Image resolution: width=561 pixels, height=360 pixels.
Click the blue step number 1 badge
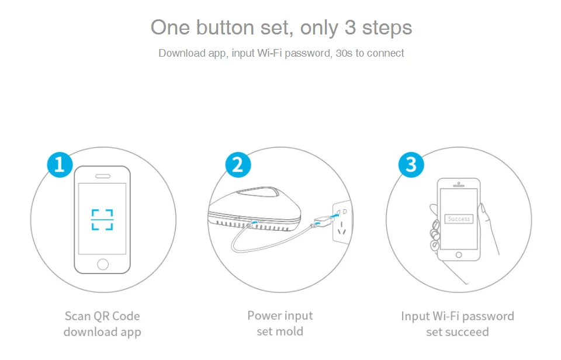(60, 165)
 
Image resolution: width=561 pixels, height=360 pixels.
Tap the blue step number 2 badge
(238, 165)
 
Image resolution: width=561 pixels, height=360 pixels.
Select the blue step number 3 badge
(411, 165)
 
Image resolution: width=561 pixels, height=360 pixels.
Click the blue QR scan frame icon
(102, 219)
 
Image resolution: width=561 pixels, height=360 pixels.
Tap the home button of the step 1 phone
(103, 264)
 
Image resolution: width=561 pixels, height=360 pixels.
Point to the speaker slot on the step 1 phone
(103, 176)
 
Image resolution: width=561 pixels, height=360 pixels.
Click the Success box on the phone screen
(459, 219)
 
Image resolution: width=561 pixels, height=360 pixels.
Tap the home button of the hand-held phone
(459, 255)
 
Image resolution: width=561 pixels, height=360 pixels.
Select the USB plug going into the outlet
(324, 221)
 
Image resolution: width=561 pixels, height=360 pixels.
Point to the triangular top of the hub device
(258, 192)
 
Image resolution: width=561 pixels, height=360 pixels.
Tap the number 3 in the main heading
(350, 27)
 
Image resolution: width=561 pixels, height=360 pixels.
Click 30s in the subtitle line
(344, 53)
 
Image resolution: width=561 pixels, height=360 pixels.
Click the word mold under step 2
(289, 331)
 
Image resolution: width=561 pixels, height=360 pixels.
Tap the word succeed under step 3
(468, 332)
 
